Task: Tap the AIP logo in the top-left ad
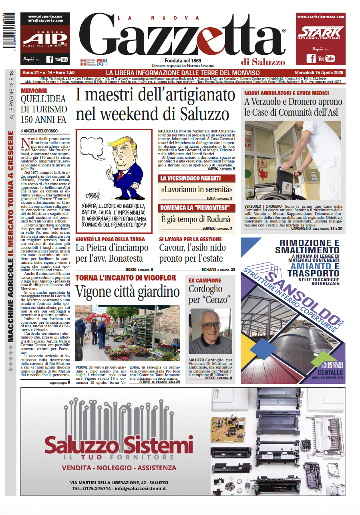(44, 38)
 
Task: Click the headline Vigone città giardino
(128, 292)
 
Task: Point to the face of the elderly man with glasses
(209, 326)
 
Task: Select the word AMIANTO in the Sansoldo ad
(310, 266)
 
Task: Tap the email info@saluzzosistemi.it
(140, 489)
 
